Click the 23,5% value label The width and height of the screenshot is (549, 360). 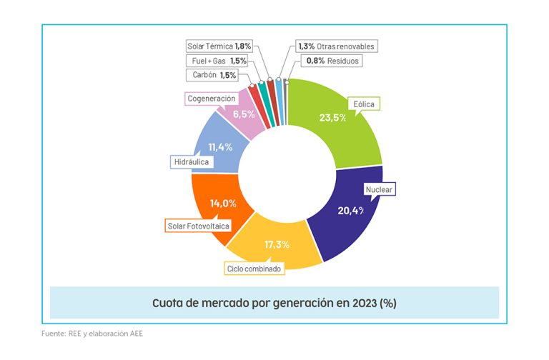click(333, 117)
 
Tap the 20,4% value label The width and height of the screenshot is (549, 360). click(351, 210)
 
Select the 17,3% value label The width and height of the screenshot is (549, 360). click(277, 244)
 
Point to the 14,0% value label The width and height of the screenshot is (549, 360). click(222, 203)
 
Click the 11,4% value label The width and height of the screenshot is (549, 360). click(220, 147)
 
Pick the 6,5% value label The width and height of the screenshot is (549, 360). click(244, 114)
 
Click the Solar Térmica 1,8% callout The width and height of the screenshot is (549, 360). click(219, 46)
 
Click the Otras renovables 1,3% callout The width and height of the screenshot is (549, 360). click(335, 46)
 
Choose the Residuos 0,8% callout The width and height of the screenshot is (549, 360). click(332, 61)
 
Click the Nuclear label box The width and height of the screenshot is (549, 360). click(379, 190)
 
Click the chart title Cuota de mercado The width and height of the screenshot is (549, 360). click(274, 303)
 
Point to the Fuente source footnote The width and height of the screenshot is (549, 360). click(92, 334)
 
